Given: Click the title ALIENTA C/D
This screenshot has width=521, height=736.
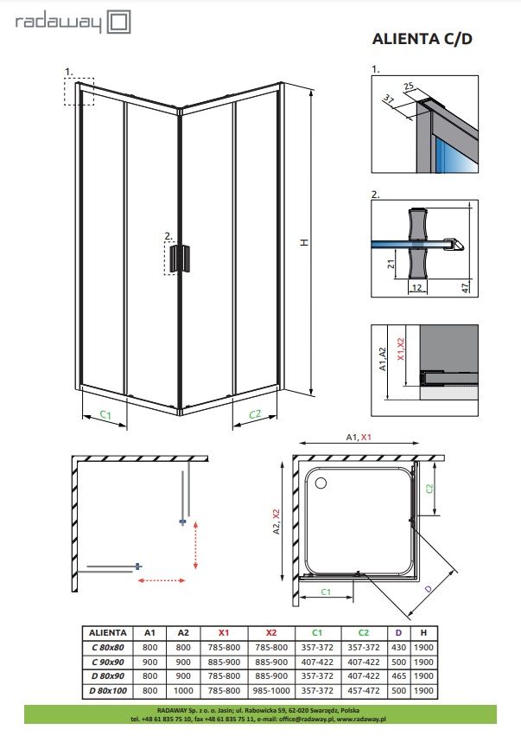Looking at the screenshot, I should (422, 39).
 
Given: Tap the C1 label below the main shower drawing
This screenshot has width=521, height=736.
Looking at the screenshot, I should (105, 415).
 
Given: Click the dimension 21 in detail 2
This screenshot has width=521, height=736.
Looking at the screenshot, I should (391, 265).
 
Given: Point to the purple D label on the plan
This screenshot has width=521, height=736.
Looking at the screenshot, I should (428, 588).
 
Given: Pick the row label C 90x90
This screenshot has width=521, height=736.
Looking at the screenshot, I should (108, 662).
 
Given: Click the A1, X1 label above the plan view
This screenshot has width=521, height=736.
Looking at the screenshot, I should (358, 438).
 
